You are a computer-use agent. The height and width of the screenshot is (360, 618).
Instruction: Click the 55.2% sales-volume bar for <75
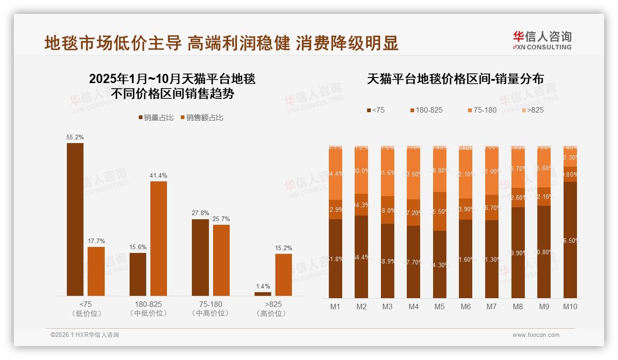pyautogui.click(x=75, y=219)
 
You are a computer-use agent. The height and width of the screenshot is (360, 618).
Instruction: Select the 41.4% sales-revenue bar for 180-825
pyautogui.click(x=159, y=238)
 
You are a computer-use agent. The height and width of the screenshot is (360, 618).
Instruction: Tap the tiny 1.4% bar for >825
pyautogui.click(x=263, y=294)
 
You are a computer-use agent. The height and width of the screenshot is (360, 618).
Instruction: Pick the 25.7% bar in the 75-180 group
pyautogui.click(x=221, y=260)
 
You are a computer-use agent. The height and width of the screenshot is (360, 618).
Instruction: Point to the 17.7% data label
pyautogui.click(x=96, y=241)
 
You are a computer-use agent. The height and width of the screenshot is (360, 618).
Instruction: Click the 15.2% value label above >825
pyautogui.click(x=283, y=248)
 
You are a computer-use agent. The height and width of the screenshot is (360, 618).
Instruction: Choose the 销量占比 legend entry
pyautogui.click(x=156, y=118)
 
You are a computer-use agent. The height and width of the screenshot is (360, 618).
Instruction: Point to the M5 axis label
pyautogui.click(x=440, y=306)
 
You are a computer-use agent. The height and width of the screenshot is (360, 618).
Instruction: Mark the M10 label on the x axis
pyautogui.click(x=570, y=306)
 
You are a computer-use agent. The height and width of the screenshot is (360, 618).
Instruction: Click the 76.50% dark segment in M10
pyautogui.click(x=570, y=240)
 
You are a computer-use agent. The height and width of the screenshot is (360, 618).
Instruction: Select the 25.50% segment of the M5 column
pyautogui.click(x=440, y=211)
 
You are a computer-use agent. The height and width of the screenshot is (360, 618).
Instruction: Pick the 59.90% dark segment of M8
pyautogui.click(x=518, y=252)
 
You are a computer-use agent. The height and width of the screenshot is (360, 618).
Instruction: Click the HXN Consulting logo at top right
pyautogui.click(x=542, y=41)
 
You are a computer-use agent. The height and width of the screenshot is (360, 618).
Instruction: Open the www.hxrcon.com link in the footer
pyautogui.click(x=536, y=335)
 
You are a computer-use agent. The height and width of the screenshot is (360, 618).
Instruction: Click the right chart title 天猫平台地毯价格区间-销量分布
pyautogui.click(x=455, y=79)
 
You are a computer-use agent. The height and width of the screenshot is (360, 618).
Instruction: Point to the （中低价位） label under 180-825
pyautogui.click(x=149, y=313)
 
